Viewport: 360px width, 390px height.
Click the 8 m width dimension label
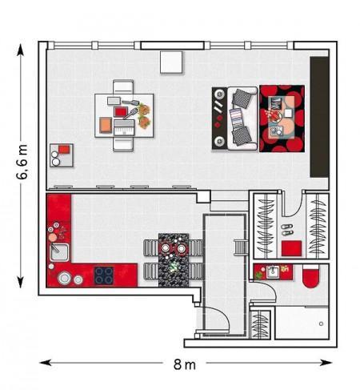(x=184, y=364)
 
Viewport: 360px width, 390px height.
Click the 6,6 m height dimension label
(x=22, y=162)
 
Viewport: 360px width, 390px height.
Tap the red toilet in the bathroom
(x=310, y=276)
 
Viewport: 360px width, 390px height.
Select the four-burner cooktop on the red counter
(x=103, y=275)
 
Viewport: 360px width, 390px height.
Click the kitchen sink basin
(x=59, y=252)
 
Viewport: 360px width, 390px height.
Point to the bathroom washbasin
(x=273, y=271)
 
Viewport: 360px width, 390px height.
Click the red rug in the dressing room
(x=291, y=248)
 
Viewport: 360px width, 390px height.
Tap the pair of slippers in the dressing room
(x=287, y=230)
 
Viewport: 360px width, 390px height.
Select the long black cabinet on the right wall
(x=319, y=117)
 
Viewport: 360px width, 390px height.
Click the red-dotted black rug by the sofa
(x=282, y=119)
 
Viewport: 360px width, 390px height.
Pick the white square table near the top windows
(x=171, y=62)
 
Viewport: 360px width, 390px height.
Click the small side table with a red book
(x=62, y=155)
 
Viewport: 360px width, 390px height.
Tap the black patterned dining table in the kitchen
(x=174, y=260)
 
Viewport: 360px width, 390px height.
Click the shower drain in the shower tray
(x=321, y=324)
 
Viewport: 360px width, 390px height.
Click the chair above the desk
(x=123, y=86)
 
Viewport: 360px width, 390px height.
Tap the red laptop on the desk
(x=121, y=111)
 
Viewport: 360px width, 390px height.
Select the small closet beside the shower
(x=261, y=324)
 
